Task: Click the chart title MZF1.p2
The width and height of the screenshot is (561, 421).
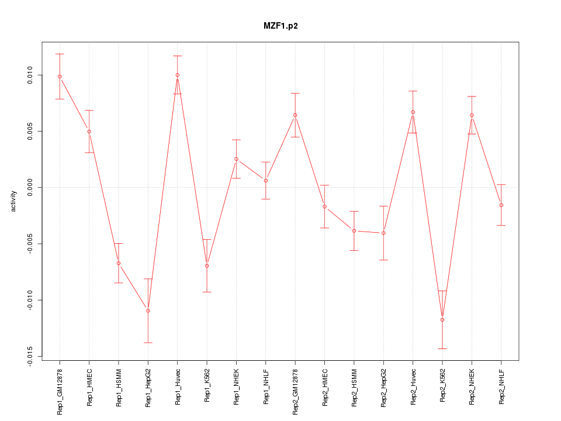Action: point(280,26)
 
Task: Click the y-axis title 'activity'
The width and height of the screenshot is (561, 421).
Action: point(13,201)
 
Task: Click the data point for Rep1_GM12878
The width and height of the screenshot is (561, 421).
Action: point(60,77)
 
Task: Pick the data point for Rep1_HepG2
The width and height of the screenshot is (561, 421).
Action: point(148,310)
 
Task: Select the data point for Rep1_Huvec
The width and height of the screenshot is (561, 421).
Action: point(178,75)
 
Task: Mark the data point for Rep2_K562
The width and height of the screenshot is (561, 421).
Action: point(442,320)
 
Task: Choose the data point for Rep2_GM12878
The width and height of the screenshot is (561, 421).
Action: point(295,115)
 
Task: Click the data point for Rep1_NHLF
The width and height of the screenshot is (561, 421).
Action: point(266,181)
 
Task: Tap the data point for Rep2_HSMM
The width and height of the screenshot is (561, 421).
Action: point(354,231)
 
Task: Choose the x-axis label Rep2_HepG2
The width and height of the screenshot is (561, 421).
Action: point(384,388)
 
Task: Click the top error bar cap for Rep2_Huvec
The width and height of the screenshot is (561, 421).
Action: point(413,91)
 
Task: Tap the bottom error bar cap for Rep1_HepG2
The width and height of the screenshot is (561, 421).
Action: point(148,343)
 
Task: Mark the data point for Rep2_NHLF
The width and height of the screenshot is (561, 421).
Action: point(501,205)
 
